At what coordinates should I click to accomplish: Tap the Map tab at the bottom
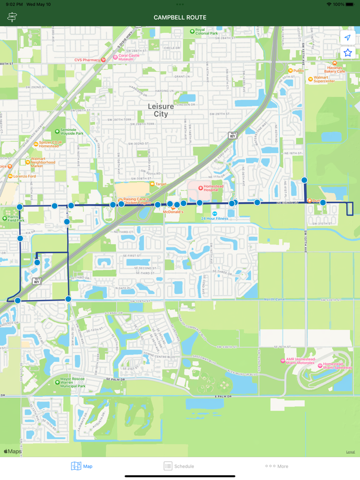coord(82,466)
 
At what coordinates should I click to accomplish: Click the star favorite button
coord(348,53)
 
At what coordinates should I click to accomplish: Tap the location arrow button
coord(348,38)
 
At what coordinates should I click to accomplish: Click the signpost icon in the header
coord(12,17)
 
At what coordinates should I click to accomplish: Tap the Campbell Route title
coord(180,17)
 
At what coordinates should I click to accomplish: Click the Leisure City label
coord(161,110)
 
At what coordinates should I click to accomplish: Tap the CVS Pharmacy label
coord(87,60)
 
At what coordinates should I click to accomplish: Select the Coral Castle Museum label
coord(129,57)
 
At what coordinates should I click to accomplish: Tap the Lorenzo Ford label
coord(25,176)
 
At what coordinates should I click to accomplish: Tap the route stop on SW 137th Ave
coord(304,180)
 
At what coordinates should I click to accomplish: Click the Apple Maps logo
coord(13,451)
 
